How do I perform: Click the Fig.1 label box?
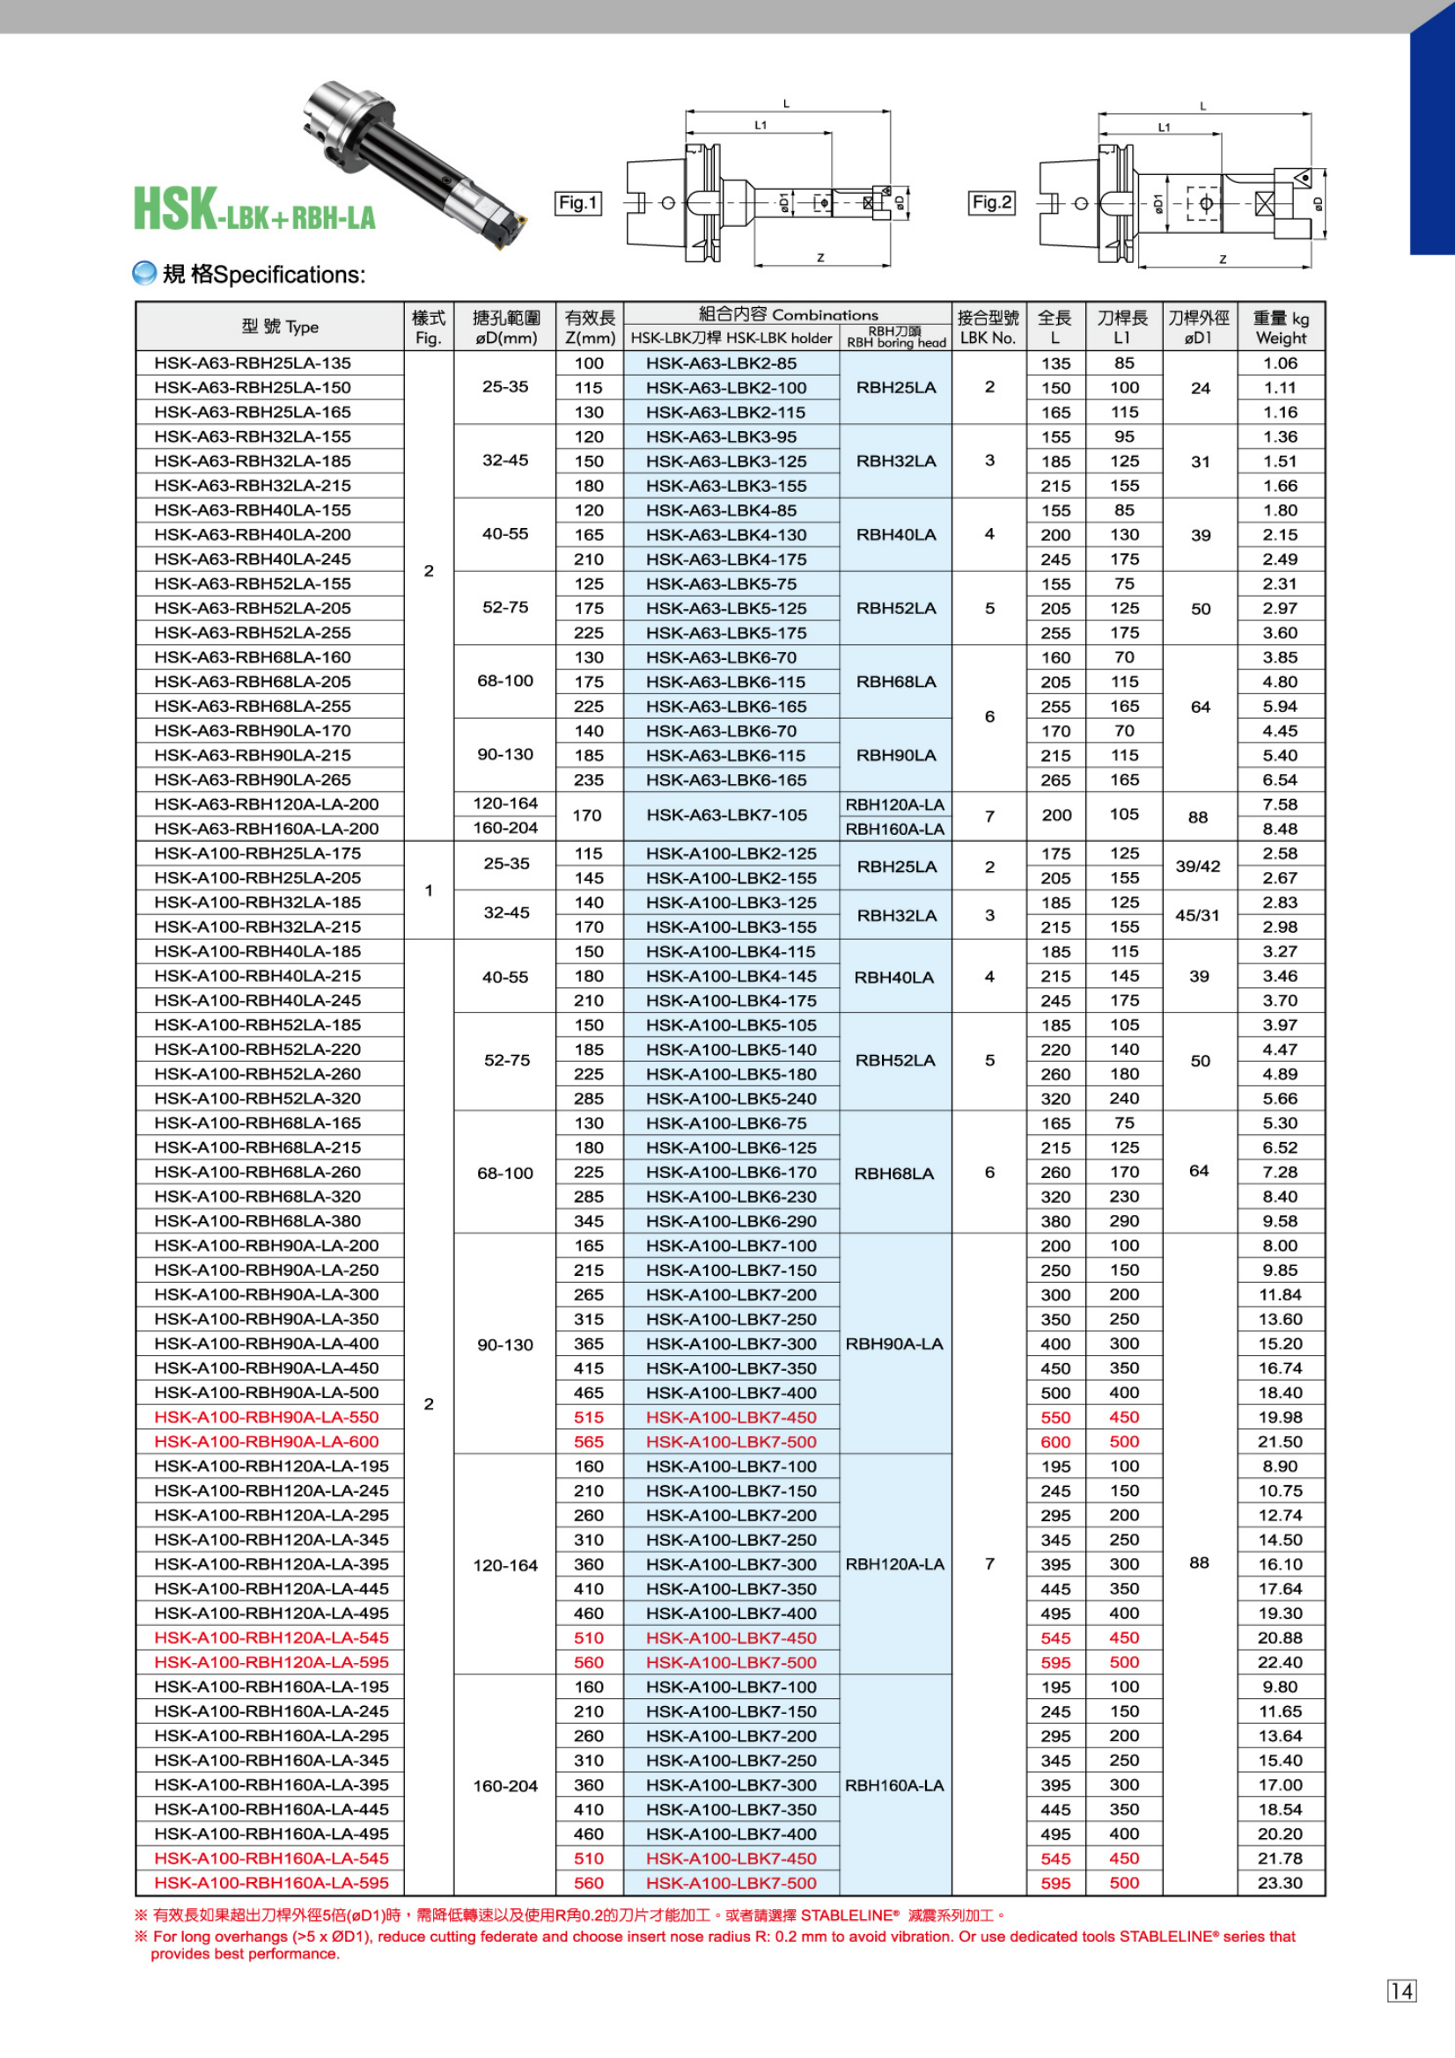click(578, 203)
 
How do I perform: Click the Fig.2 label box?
click(991, 202)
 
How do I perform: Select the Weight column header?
click(1280, 327)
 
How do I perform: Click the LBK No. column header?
click(988, 327)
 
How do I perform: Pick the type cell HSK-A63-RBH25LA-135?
click(253, 363)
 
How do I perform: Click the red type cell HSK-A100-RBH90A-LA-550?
click(266, 1417)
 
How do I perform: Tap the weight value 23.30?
click(1279, 1883)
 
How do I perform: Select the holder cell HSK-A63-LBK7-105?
click(727, 815)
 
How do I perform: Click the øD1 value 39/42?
click(1198, 866)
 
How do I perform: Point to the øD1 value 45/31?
click(1198, 915)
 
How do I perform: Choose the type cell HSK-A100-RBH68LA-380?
click(257, 1221)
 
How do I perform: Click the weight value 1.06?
click(1279, 363)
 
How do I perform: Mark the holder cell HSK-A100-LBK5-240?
click(731, 1098)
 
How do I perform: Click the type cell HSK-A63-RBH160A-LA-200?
click(266, 828)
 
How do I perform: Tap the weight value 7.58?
click(1279, 804)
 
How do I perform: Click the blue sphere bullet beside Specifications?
click(144, 274)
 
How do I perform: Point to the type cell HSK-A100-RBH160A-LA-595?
click(272, 1883)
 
